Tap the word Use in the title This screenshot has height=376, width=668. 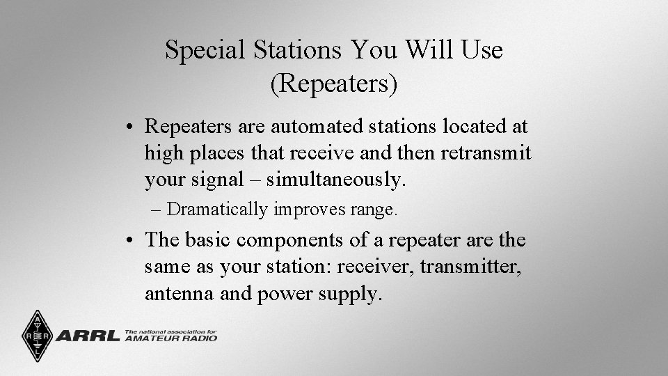[x=479, y=50]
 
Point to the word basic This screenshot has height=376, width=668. [x=207, y=240]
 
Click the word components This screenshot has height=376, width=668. [x=292, y=240]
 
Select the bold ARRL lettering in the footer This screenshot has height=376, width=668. [x=87, y=336]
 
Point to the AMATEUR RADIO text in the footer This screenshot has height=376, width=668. [x=170, y=339]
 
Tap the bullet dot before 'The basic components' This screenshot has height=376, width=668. [x=131, y=241]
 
